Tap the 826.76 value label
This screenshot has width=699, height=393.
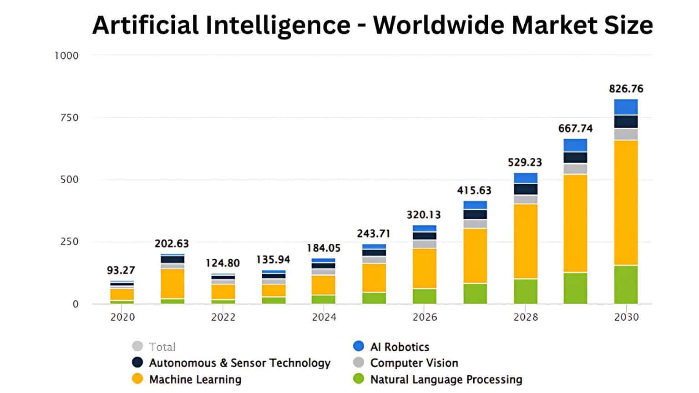click(626, 89)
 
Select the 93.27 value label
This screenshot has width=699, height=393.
click(121, 270)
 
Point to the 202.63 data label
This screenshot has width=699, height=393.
click(172, 244)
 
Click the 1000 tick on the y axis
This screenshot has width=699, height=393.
click(66, 55)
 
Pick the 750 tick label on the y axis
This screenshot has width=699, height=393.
click(69, 117)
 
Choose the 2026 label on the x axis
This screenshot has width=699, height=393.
click(425, 317)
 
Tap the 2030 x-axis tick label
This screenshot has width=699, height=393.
click(626, 317)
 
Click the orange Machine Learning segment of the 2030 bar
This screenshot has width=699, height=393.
click(626, 202)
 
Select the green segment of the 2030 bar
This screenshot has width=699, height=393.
click(626, 284)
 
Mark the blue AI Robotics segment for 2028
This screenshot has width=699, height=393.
click(526, 178)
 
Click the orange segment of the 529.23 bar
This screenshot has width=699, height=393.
click(526, 241)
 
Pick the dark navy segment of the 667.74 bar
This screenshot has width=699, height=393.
click(575, 157)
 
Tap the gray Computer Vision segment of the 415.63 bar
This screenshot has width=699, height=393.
click(475, 224)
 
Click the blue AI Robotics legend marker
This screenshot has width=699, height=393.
click(359, 346)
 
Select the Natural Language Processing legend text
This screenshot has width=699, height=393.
click(446, 379)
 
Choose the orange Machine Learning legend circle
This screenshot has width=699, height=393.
click(137, 379)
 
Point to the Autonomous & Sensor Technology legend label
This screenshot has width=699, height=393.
click(239, 363)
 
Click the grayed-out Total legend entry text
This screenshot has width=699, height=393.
click(162, 347)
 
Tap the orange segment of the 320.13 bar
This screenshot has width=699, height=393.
click(425, 268)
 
